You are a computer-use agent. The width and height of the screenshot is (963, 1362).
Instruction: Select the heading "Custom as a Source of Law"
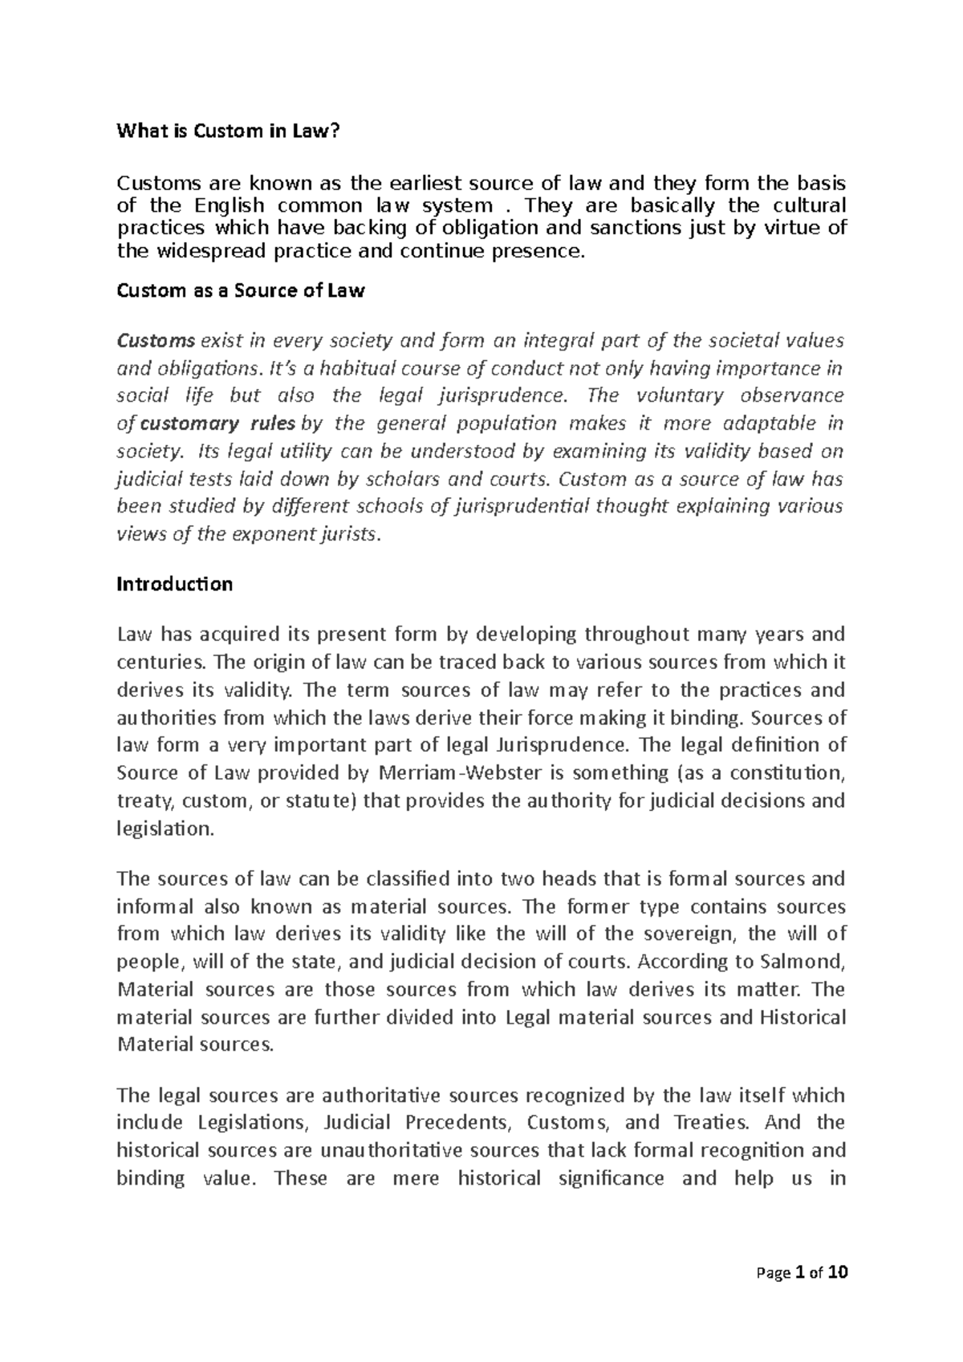(x=241, y=291)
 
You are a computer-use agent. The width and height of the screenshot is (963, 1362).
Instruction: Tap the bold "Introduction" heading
(x=175, y=584)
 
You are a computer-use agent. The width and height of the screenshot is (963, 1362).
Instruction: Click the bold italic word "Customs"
(x=156, y=340)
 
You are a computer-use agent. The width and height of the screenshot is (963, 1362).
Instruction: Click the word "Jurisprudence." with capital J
(x=562, y=745)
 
